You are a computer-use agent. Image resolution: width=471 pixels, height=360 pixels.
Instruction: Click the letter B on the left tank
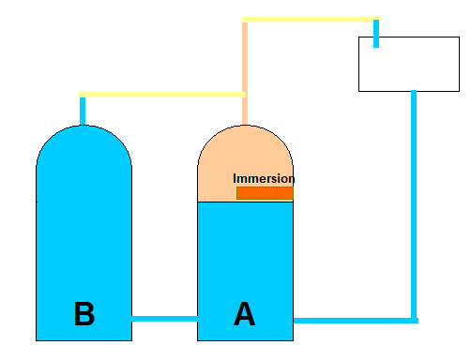pyautogui.click(x=84, y=313)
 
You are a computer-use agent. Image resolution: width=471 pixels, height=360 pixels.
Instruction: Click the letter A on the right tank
pyautogui.click(x=245, y=314)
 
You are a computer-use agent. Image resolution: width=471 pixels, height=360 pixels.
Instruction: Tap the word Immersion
pyautogui.click(x=264, y=178)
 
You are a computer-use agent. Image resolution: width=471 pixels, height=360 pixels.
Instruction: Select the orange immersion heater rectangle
pyautogui.click(x=265, y=193)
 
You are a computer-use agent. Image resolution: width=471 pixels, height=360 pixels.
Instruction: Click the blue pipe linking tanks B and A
pyautogui.click(x=164, y=319)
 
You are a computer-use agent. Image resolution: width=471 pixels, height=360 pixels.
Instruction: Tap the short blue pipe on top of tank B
pyautogui.click(x=83, y=111)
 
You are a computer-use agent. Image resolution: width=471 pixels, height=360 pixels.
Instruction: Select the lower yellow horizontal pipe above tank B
pyautogui.click(x=162, y=95)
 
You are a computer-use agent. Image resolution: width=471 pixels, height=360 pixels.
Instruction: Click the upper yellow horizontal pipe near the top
pyautogui.click(x=311, y=20)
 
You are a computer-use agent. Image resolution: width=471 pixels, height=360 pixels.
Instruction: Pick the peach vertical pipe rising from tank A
pyautogui.click(x=245, y=73)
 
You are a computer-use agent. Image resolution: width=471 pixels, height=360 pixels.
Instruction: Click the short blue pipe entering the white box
pyautogui.click(x=376, y=34)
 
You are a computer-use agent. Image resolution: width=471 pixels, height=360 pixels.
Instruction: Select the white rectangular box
pyautogui.click(x=409, y=64)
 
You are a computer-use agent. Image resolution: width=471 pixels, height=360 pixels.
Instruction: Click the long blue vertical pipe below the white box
pyautogui.click(x=414, y=204)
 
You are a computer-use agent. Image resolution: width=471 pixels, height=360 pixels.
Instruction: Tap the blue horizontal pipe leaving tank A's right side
pyautogui.click(x=356, y=321)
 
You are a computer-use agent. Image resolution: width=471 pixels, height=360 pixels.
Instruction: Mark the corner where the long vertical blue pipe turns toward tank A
pyautogui.click(x=414, y=321)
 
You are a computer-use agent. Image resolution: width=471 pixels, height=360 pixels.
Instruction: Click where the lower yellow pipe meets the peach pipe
pyautogui.click(x=245, y=95)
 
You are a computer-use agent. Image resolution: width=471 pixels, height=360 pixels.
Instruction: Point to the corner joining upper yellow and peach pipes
pyautogui.click(x=245, y=20)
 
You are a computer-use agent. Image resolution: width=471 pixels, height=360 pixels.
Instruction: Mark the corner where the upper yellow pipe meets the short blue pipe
pyautogui.click(x=376, y=20)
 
